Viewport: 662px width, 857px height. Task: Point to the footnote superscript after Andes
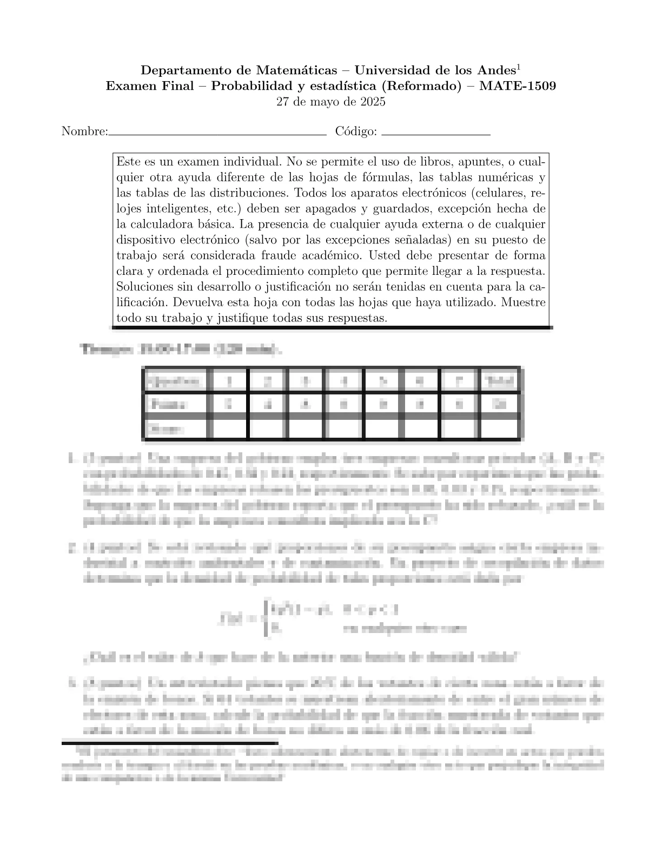[x=518, y=67]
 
